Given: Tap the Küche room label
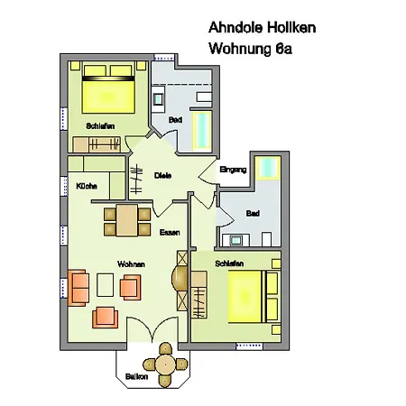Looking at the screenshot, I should pyautogui.click(x=87, y=186).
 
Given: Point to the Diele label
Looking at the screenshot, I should pyautogui.click(x=162, y=175).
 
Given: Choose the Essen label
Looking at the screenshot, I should pyautogui.click(x=170, y=233).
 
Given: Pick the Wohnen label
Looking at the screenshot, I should pyautogui.click(x=130, y=264).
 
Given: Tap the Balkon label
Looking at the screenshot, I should pyautogui.click(x=137, y=376).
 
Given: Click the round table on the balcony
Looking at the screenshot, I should pyautogui.click(x=165, y=364).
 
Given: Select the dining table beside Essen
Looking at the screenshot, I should pyautogui.click(x=126, y=219).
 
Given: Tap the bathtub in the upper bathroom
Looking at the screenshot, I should pyautogui.click(x=202, y=130).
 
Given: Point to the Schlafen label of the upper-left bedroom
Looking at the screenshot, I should pyautogui.click(x=100, y=126).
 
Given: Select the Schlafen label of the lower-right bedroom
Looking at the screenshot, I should pyautogui.click(x=228, y=263).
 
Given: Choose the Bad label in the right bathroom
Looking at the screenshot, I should pyautogui.click(x=253, y=214).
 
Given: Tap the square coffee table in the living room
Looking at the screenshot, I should pyautogui.click(x=106, y=285).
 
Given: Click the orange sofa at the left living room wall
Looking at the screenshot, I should pyautogui.click(x=79, y=287).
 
